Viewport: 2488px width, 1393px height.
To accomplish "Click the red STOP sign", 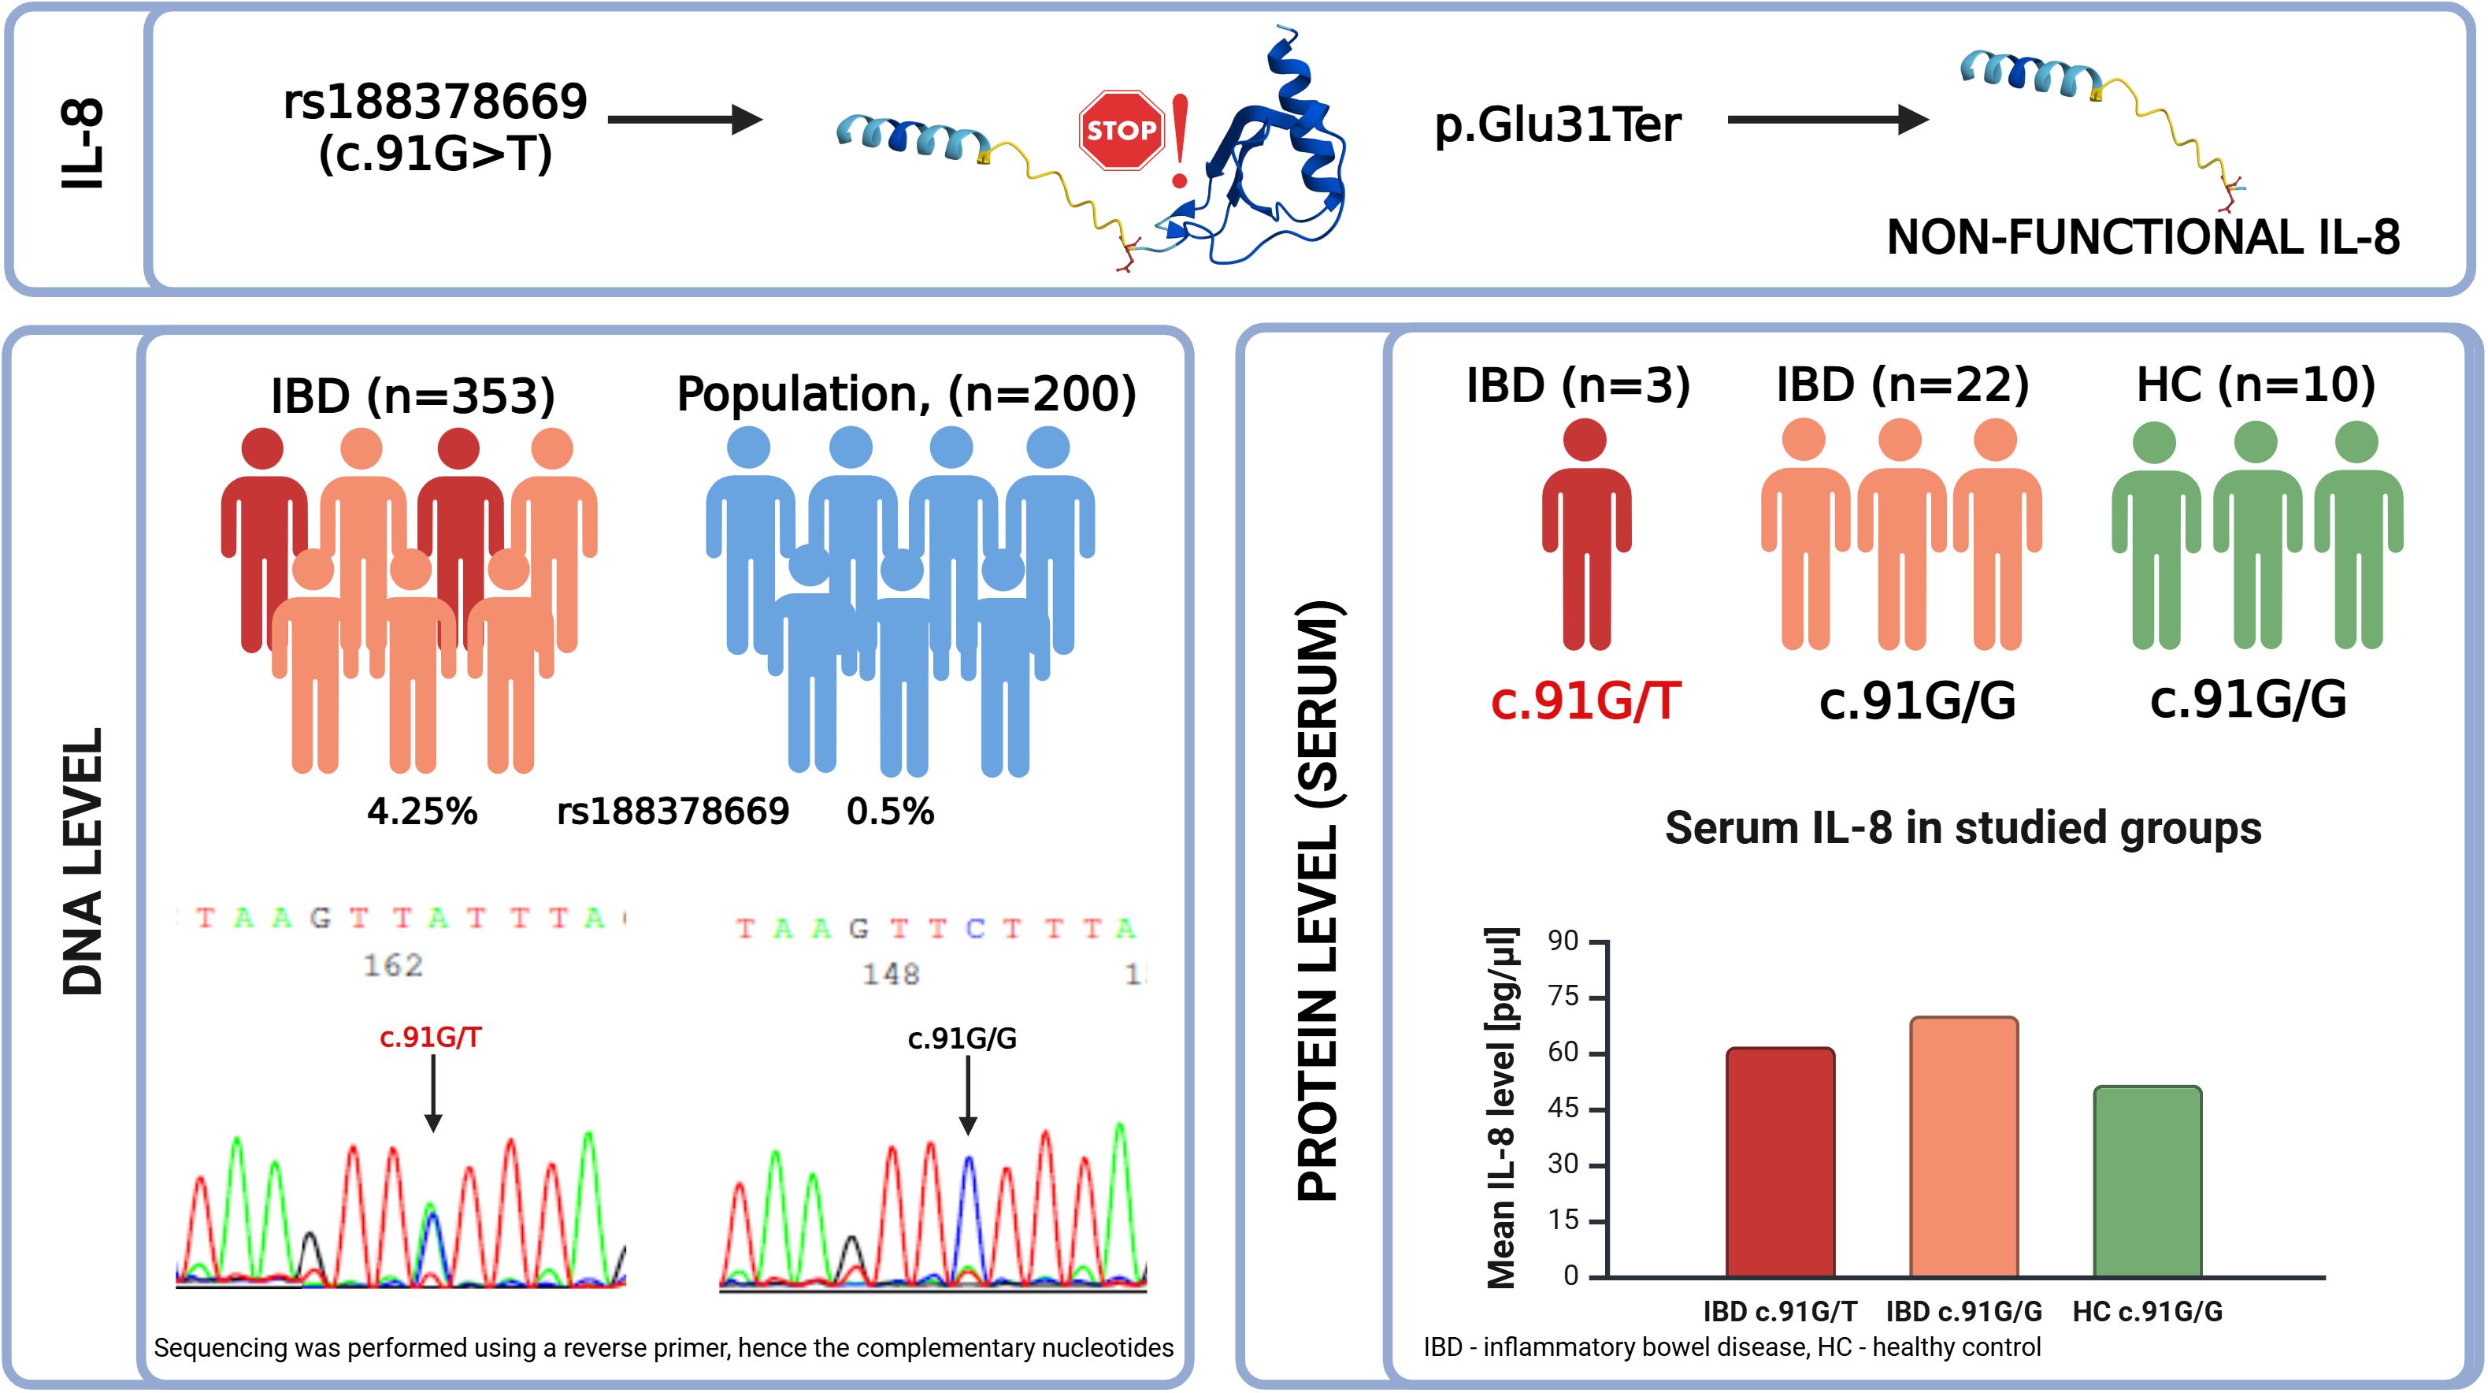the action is (1121, 131).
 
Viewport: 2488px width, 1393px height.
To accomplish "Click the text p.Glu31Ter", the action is (1557, 124).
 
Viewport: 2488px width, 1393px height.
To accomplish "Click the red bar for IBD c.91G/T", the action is (1780, 1162).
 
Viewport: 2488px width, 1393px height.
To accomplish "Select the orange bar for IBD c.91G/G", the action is (1963, 1146).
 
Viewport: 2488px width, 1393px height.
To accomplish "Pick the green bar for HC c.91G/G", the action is (2147, 1181).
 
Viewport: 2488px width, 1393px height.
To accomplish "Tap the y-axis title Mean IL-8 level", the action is (1502, 1108).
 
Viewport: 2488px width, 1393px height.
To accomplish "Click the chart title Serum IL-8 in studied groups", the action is (1963, 828).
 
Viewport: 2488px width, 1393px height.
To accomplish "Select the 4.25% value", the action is (422, 812).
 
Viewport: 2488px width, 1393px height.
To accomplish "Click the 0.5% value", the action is (891, 812).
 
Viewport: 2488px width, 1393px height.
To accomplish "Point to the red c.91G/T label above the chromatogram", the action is (431, 1037).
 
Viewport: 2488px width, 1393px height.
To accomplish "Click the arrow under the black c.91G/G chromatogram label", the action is (968, 1094).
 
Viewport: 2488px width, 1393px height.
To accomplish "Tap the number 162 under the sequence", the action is (393, 964).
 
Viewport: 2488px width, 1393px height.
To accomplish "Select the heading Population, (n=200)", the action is (906, 394).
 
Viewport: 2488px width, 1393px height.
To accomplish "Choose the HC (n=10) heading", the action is (2255, 384).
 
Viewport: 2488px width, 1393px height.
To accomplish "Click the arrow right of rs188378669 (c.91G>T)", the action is (686, 120).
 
